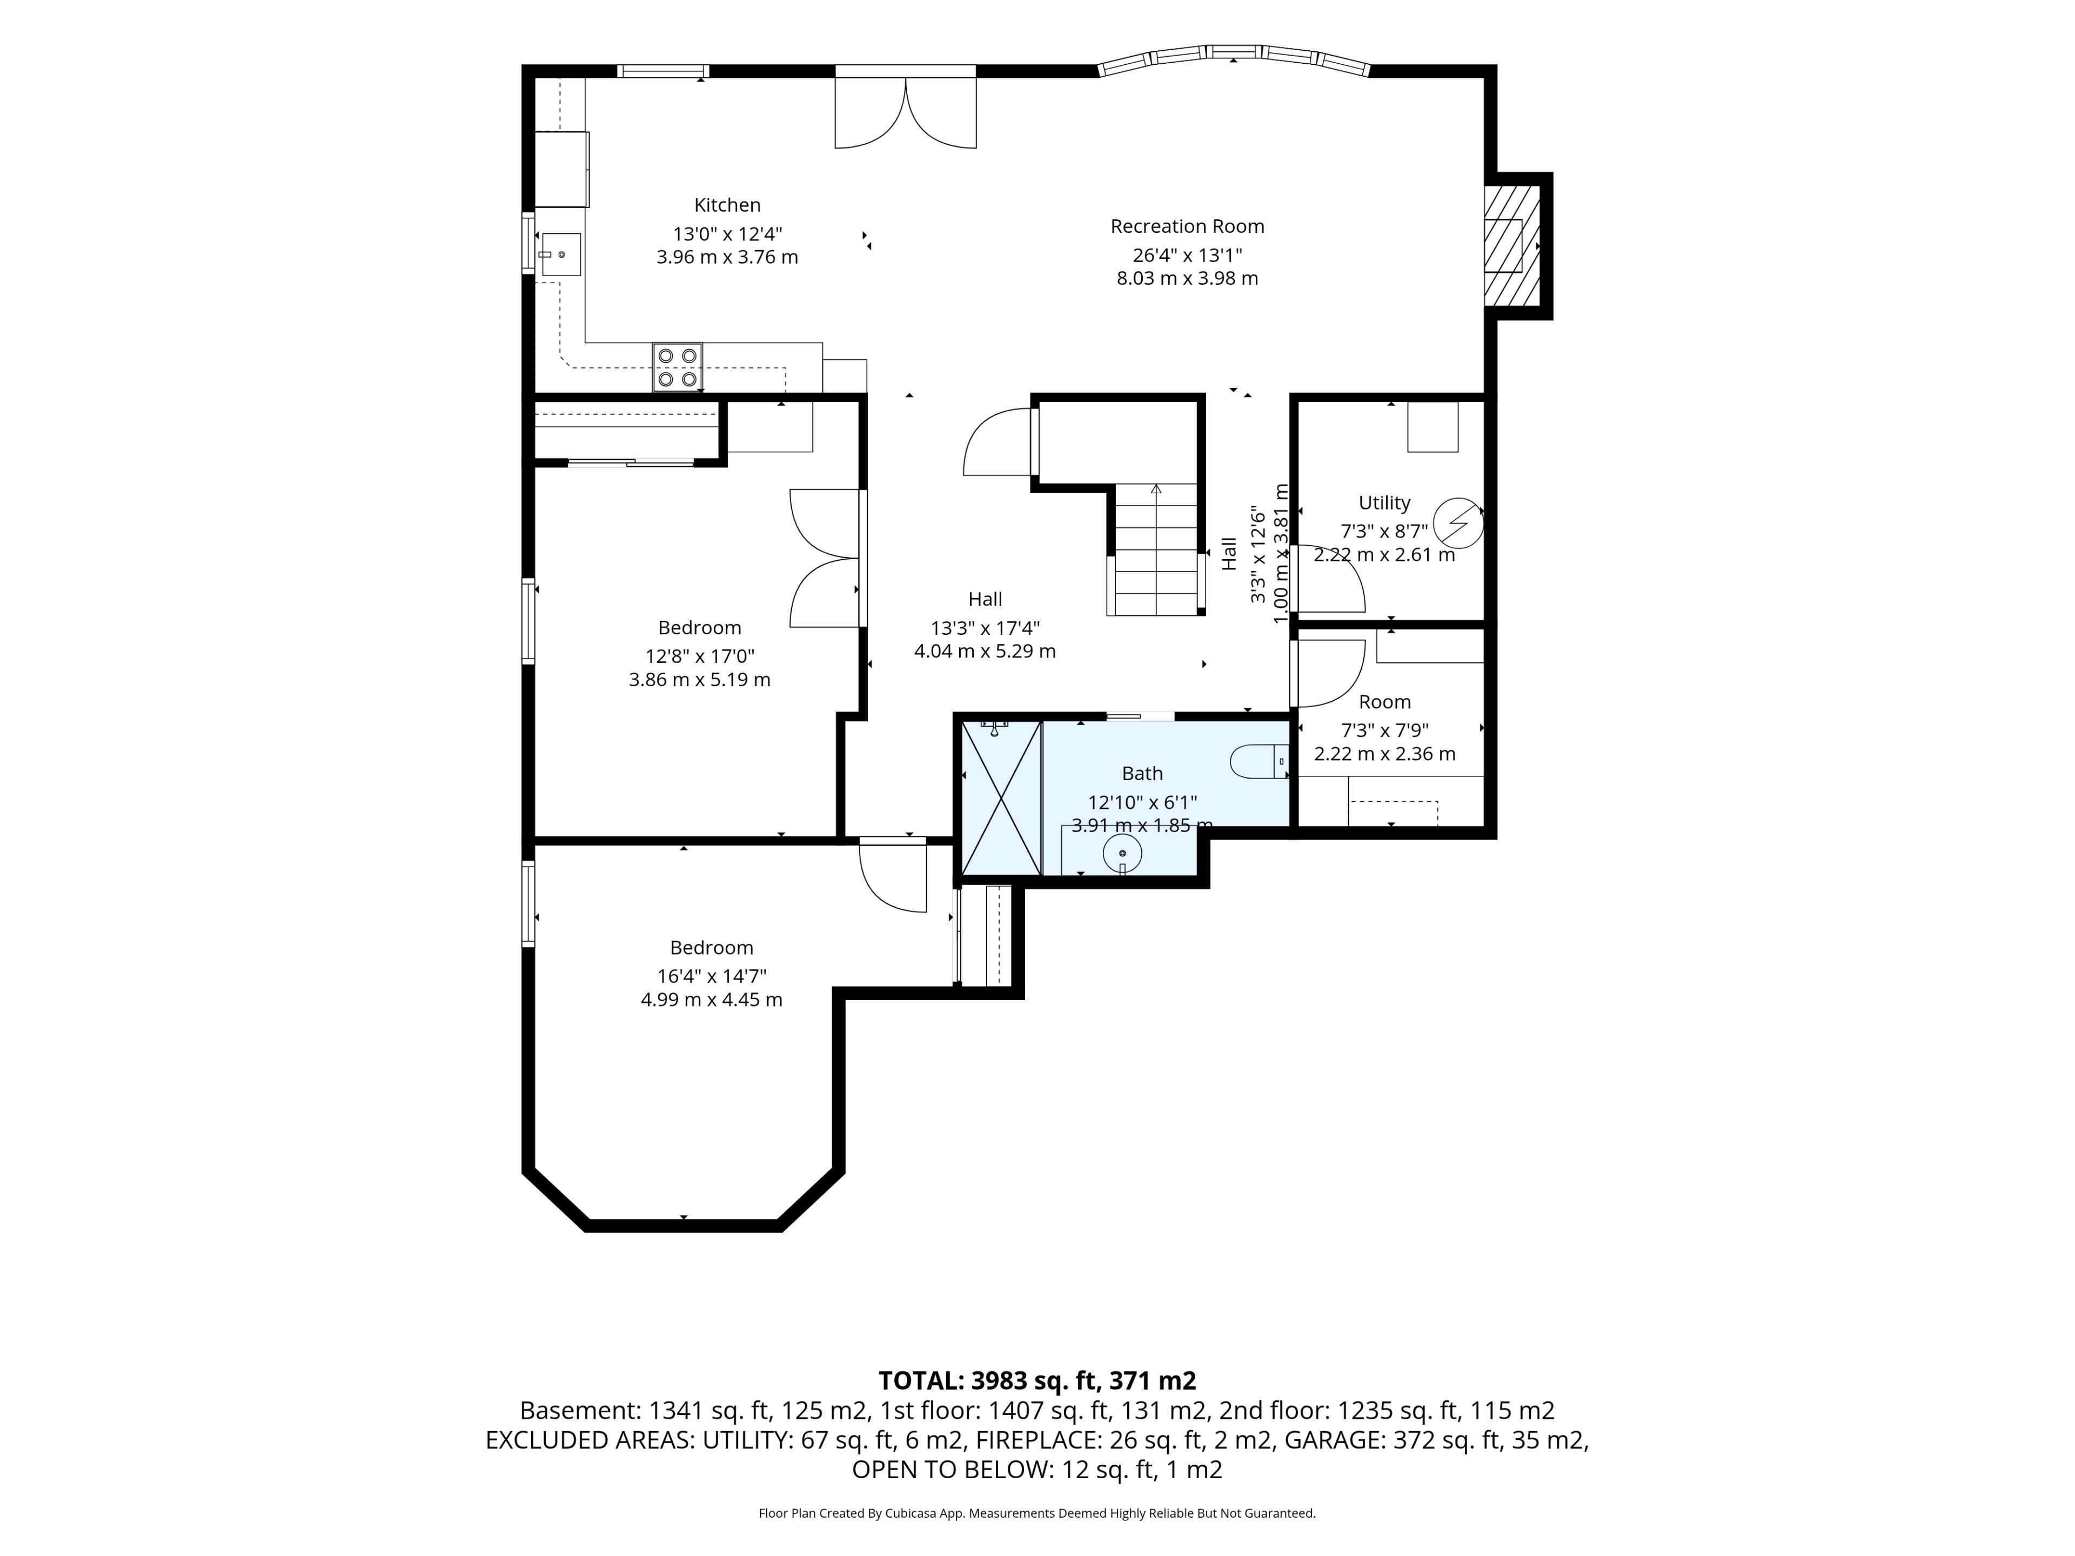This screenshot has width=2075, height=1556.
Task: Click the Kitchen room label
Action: coord(727,204)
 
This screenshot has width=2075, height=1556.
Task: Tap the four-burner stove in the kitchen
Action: coord(677,367)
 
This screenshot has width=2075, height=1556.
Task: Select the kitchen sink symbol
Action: coord(560,254)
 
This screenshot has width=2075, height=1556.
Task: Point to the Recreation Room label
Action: coord(1187,226)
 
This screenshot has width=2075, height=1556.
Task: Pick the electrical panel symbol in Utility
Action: coord(1458,521)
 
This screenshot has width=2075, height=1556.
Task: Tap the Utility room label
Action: coord(1384,502)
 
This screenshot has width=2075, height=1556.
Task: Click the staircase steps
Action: coord(1156,549)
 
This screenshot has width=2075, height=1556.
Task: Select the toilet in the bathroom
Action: coord(1260,762)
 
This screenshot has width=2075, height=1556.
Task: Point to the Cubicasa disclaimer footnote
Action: coord(1036,1513)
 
